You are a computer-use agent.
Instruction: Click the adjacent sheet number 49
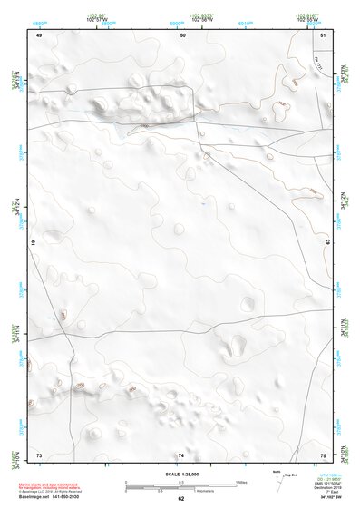click(39, 34)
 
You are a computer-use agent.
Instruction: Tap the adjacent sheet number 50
click(182, 34)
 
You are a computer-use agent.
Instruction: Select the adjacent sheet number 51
click(324, 34)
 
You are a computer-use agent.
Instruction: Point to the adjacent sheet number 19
click(34, 244)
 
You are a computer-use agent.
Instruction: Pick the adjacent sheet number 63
click(328, 243)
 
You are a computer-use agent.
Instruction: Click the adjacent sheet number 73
click(39, 454)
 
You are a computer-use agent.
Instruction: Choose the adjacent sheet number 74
click(181, 454)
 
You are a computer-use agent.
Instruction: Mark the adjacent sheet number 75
click(324, 454)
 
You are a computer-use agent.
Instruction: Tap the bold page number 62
click(181, 499)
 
